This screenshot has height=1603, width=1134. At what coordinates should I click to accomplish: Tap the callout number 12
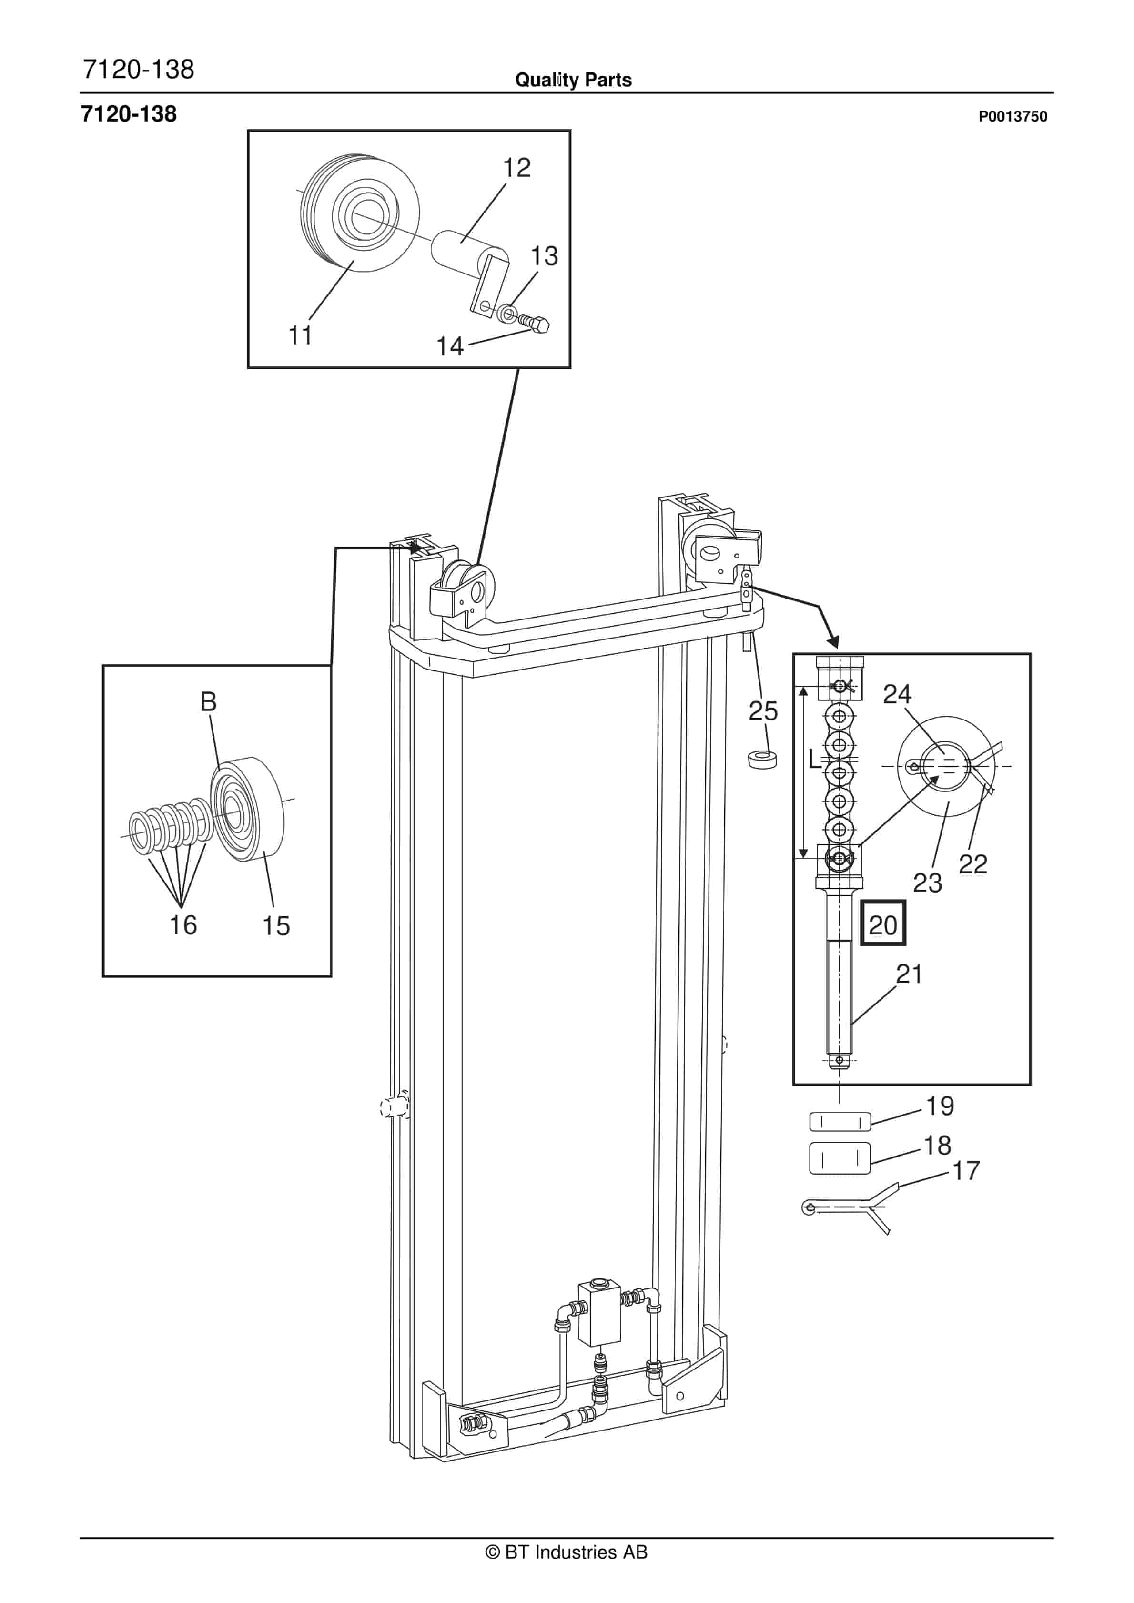(x=516, y=168)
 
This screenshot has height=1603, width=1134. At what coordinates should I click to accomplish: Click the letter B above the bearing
(x=208, y=701)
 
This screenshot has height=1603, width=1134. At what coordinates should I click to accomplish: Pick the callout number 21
(x=909, y=974)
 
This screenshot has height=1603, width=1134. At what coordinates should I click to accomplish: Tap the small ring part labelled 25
(x=762, y=759)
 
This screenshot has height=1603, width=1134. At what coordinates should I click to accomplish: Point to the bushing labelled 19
(x=840, y=1122)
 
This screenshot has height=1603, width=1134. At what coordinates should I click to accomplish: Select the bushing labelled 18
(x=840, y=1159)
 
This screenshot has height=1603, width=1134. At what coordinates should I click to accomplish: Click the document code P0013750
(x=1012, y=117)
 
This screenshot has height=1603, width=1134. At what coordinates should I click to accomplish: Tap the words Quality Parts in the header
(x=573, y=80)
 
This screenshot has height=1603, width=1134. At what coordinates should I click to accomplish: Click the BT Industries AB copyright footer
(x=567, y=1552)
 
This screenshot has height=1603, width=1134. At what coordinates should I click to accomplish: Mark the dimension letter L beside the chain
(x=813, y=759)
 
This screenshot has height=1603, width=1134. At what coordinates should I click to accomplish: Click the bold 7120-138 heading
(x=129, y=114)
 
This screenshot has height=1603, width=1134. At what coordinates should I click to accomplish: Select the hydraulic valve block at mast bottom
(x=598, y=1312)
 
